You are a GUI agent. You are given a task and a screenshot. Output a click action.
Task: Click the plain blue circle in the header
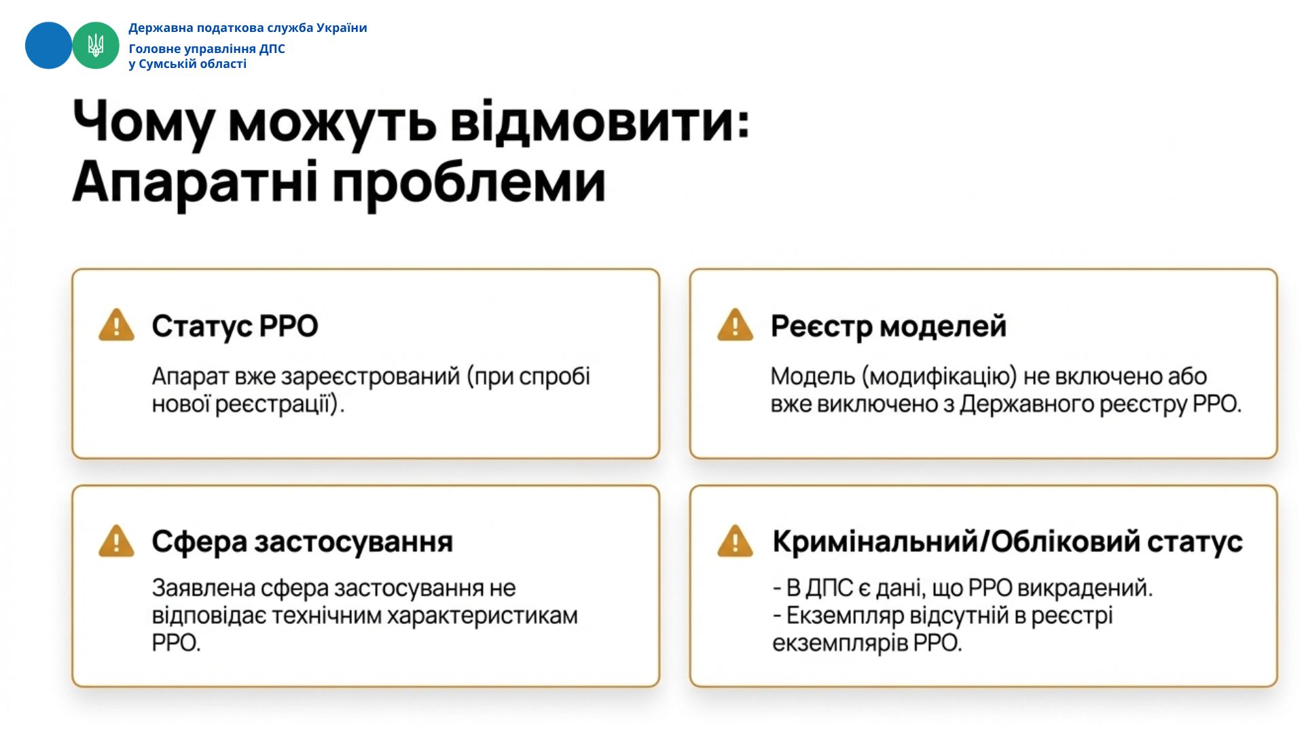point(48,46)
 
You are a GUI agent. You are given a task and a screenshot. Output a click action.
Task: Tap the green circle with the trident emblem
point(96,46)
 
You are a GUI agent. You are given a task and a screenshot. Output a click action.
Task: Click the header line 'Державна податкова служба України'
point(248,28)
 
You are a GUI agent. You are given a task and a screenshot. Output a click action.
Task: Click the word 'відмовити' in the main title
point(600,122)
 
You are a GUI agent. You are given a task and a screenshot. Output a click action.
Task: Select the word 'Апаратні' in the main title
point(195,181)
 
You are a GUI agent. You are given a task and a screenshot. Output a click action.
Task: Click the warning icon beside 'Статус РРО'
point(117,325)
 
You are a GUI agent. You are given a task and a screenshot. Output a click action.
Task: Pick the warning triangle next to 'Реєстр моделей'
point(736,325)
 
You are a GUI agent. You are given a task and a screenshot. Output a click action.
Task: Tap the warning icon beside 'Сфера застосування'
point(117,541)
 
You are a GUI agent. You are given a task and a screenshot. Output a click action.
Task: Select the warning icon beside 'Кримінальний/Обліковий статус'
point(736,541)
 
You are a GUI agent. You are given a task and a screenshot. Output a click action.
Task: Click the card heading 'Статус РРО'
point(235,326)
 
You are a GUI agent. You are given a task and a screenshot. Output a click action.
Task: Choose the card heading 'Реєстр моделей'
point(888,327)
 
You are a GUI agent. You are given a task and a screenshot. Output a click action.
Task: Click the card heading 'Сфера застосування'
point(302,542)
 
